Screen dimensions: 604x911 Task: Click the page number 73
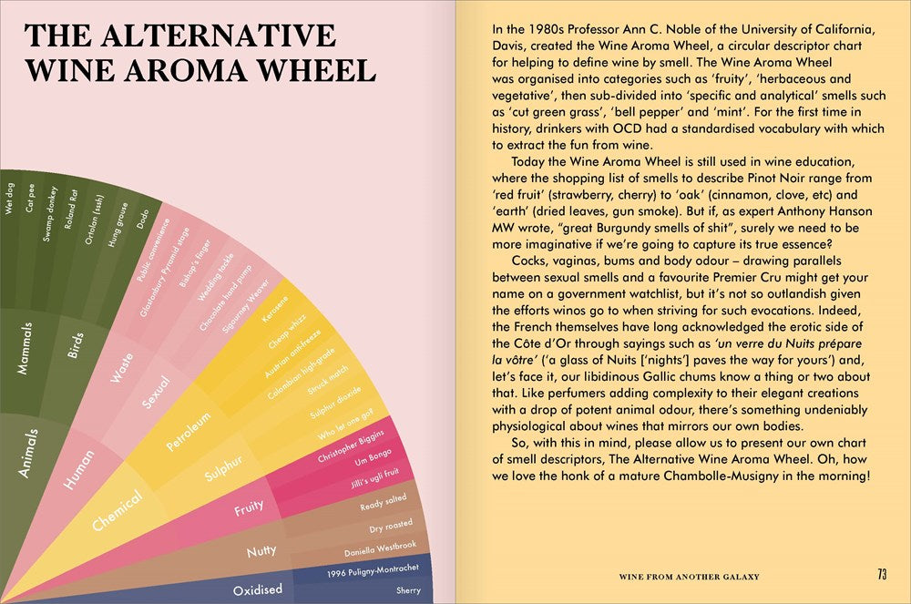tap(882, 575)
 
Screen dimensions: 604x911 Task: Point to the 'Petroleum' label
tap(188, 431)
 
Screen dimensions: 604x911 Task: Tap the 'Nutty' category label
tap(261, 551)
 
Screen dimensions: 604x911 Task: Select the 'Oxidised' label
tap(257, 589)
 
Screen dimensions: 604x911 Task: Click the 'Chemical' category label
tap(118, 510)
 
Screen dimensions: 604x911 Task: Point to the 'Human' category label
tap(80, 470)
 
